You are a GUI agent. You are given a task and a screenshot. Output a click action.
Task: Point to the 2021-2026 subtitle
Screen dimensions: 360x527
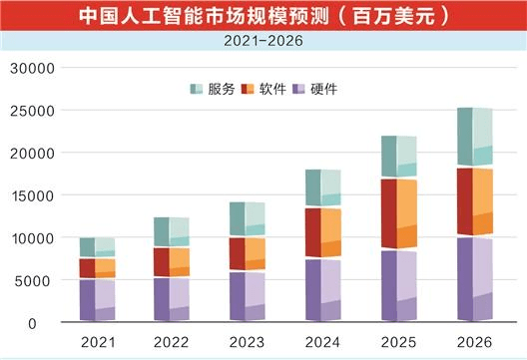pos(263,42)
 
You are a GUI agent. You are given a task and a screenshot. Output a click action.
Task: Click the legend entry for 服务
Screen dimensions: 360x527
pos(213,90)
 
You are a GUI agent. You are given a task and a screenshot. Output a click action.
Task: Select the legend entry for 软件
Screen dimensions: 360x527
pos(264,90)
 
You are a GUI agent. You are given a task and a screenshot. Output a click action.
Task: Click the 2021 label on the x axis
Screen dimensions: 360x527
pos(98,342)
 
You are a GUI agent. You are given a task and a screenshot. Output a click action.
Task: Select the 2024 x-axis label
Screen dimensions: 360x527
pos(322,342)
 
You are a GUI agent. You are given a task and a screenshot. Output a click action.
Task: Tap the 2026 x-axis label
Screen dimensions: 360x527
pos(474,342)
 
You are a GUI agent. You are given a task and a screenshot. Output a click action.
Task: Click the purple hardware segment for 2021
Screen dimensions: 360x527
pos(97,300)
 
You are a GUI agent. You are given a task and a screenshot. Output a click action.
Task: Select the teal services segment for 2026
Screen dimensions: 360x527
pos(474,137)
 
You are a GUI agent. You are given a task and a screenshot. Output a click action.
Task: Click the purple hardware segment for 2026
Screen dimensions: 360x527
pos(474,279)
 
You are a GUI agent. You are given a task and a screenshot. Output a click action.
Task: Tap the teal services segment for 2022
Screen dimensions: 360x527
pos(172,231)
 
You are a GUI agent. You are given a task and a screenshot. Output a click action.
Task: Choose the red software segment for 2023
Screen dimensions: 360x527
pos(247,253)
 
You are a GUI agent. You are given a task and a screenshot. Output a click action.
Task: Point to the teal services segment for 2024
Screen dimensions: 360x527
pos(322,188)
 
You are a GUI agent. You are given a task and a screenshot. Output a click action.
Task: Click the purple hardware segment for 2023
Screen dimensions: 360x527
pos(247,296)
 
